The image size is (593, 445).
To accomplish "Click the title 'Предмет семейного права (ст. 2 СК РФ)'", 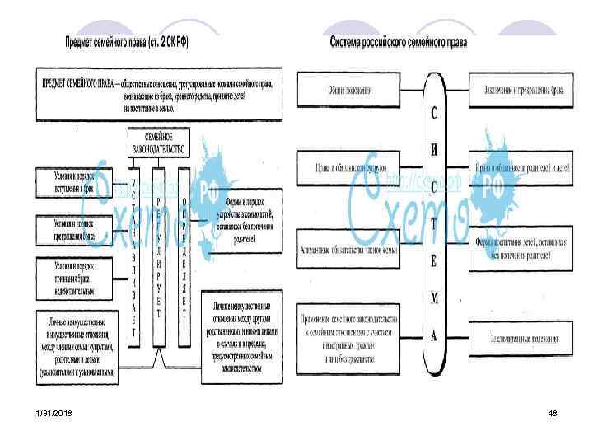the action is pyautogui.click(x=128, y=42).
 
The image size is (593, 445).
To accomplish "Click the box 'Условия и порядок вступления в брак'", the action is pyautogui.click(x=76, y=182).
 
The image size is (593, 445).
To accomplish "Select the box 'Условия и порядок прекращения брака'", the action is pyautogui.click(x=76, y=227).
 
